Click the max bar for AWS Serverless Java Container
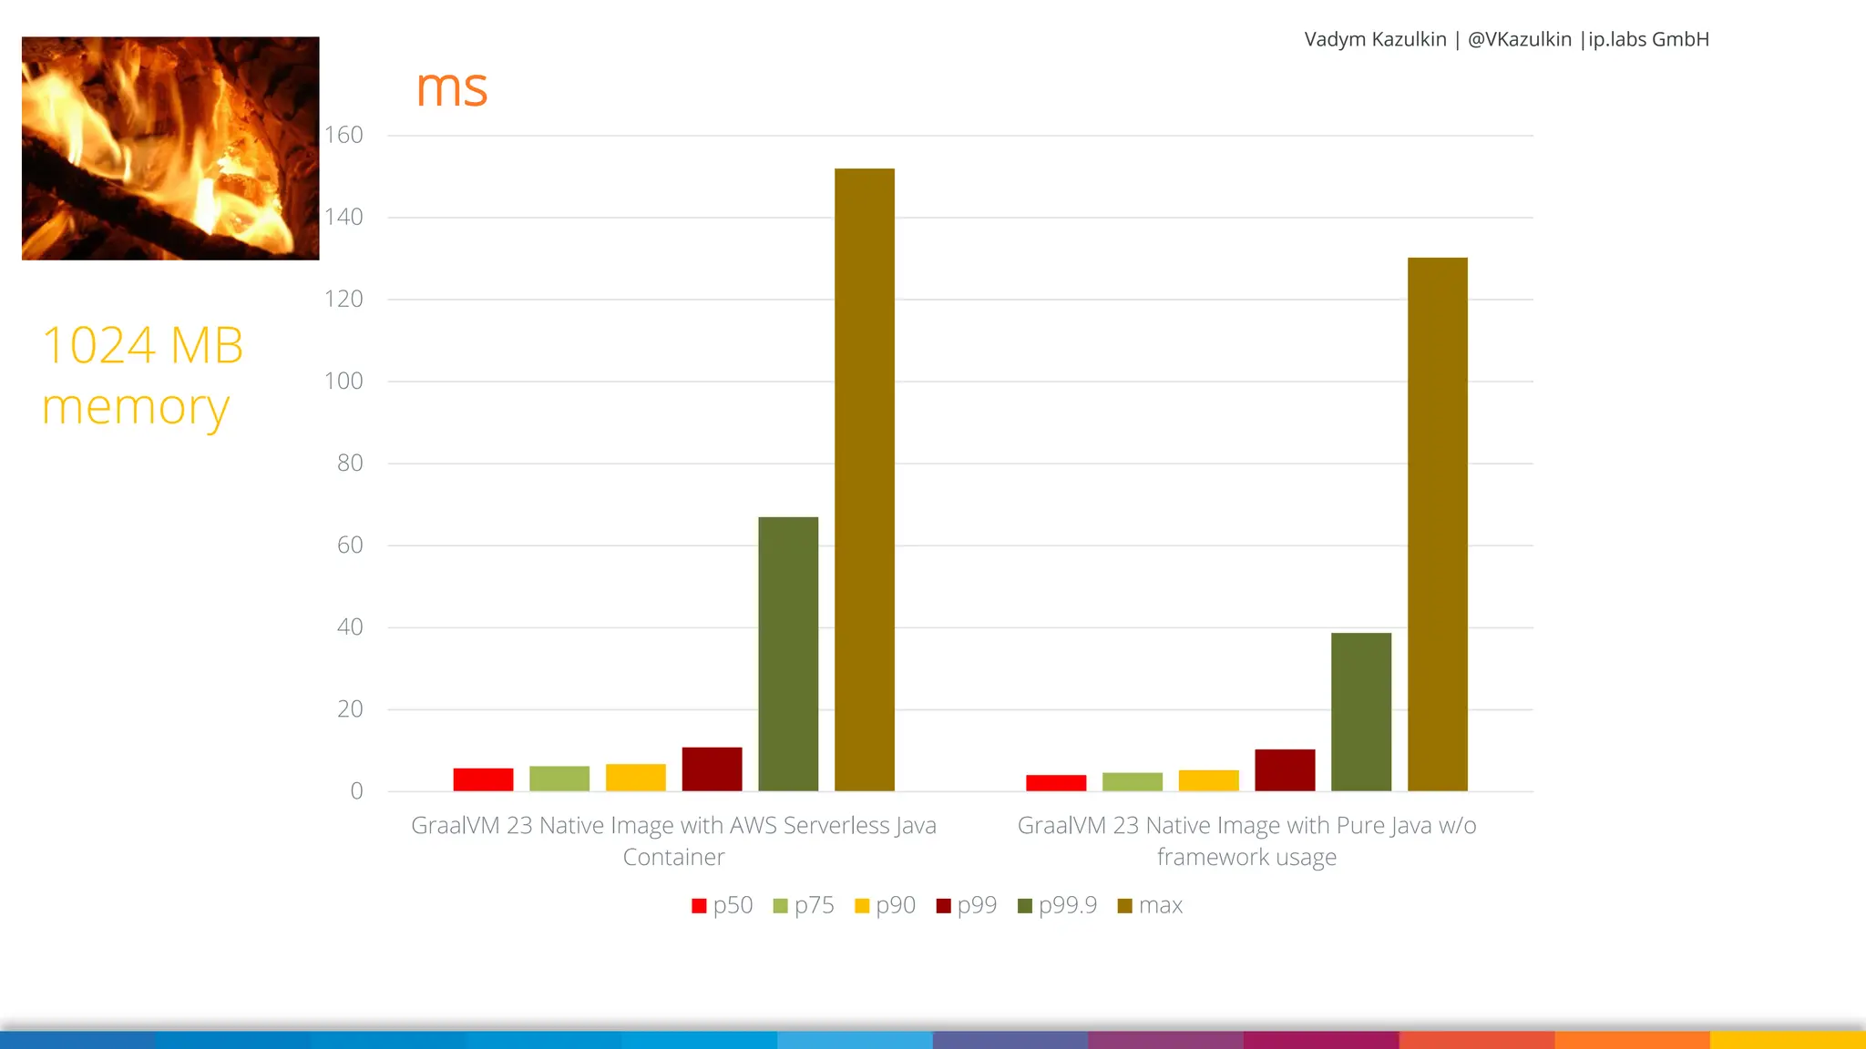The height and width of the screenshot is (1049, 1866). pyautogui.click(x=864, y=480)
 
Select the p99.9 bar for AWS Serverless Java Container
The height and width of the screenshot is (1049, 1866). pyautogui.click(x=788, y=654)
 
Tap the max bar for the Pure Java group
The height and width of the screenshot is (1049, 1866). pyautogui.click(x=1437, y=524)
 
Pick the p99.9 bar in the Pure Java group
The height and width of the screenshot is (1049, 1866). pyautogui.click(x=1360, y=712)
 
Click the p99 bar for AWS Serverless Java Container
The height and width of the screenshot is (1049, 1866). pyautogui.click(x=712, y=769)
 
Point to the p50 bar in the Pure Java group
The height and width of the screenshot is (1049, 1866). pyautogui.click(x=1056, y=783)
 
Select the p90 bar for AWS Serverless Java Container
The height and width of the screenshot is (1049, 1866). pyautogui.click(x=635, y=778)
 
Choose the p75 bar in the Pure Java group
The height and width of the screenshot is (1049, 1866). pyautogui.click(x=1132, y=782)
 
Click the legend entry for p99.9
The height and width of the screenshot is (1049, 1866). pyautogui.click(x=1057, y=905)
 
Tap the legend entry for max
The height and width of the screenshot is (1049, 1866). pyautogui.click(x=1150, y=905)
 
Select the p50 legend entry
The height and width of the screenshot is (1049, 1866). pyautogui.click(x=723, y=905)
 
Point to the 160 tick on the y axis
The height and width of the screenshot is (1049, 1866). pyautogui.click(x=343, y=135)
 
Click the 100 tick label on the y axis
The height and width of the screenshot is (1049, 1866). pyautogui.click(x=343, y=381)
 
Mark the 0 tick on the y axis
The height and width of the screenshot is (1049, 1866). pyautogui.click(x=356, y=791)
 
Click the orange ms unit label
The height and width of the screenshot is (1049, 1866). pyautogui.click(x=451, y=88)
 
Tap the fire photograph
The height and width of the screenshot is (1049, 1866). pyautogui.click(x=170, y=148)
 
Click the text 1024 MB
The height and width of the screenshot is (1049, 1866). pyautogui.click(x=143, y=345)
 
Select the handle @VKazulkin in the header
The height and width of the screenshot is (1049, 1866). pyautogui.click(x=1519, y=39)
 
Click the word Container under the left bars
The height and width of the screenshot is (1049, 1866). pyautogui.click(x=673, y=857)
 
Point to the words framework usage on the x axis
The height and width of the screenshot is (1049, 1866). pyautogui.click(x=1246, y=857)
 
